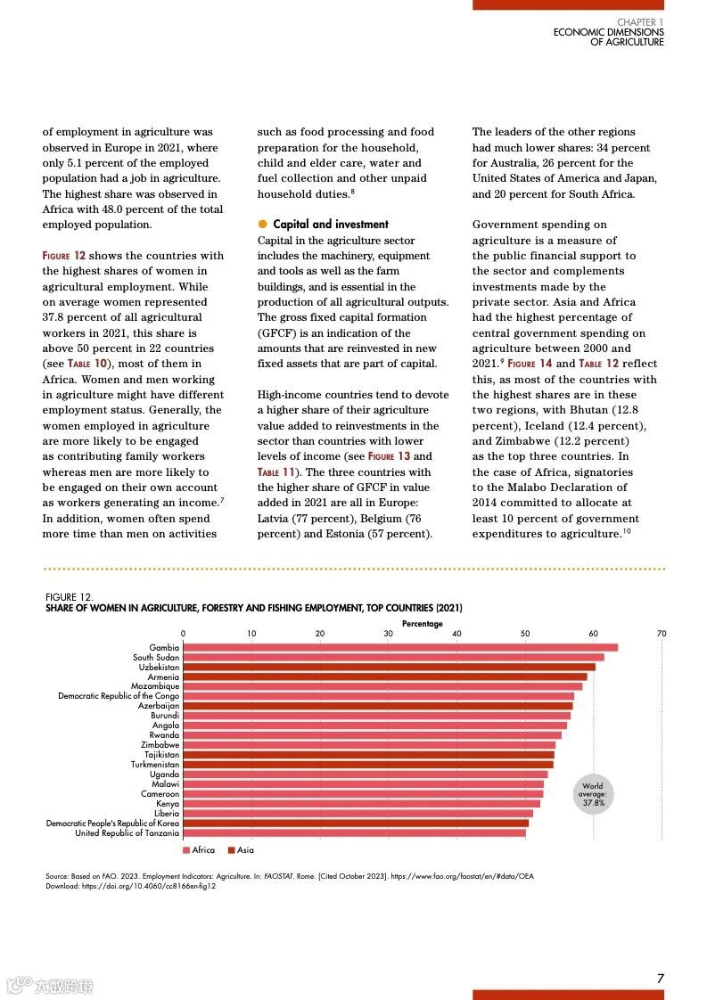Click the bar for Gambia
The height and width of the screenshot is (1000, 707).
(400, 648)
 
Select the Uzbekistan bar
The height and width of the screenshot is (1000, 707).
(389, 667)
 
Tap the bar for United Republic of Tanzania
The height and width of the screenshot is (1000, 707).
(354, 833)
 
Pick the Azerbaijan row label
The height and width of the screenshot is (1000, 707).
(159, 706)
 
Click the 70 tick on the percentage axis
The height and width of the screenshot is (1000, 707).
(662, 634)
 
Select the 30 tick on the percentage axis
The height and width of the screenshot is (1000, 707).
(389, 634)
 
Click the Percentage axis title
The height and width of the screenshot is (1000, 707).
(422, 624)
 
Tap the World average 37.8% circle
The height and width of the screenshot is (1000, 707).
(593, 794)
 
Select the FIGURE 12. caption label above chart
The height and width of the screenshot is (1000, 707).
(69, 597)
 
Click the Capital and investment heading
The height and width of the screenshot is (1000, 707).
(331, 225)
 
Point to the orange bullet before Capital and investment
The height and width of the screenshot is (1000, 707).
(263, 225)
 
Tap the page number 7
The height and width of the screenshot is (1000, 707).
(661, 979)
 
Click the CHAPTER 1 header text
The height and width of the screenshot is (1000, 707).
(640, 21)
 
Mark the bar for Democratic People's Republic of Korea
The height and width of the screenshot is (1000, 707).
(356, 824)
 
